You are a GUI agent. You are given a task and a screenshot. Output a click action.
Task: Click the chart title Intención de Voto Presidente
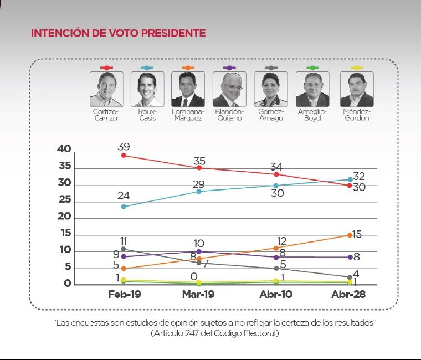tap(118, 33)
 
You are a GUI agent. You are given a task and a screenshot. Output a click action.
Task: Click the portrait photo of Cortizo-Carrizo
tap(106, 89)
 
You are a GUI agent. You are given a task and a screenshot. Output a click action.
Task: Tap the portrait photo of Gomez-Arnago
tap(271, 89)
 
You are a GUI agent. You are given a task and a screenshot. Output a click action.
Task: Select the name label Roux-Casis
tap(147, 115)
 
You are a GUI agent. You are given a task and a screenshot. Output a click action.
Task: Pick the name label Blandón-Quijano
tap(229, 115)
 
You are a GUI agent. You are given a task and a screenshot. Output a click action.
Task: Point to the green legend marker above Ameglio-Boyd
tap(312, 68)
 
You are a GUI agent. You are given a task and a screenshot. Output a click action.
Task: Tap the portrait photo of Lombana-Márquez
tap(188, 89)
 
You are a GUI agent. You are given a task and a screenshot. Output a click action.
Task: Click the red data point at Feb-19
tap(124, 155)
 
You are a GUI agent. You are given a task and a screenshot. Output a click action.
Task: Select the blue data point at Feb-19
tap(124, 207)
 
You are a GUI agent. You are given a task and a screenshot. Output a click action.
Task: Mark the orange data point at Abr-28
tap(350, 235)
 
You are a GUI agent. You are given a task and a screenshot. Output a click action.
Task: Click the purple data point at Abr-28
tap(350, 257)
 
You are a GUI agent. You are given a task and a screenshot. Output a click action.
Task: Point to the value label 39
tap(124, 146)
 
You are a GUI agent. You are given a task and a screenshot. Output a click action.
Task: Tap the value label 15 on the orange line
tap(357, 234)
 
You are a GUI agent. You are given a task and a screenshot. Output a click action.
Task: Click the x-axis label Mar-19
tap(199, 295)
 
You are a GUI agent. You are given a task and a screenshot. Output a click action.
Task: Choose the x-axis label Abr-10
tap(275, 295)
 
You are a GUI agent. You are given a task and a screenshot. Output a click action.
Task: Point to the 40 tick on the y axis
tap(64, 149)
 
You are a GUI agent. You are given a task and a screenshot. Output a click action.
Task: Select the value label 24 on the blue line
tap(124, 196)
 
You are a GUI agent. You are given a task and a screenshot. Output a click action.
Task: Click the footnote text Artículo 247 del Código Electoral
tap(214, 333)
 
